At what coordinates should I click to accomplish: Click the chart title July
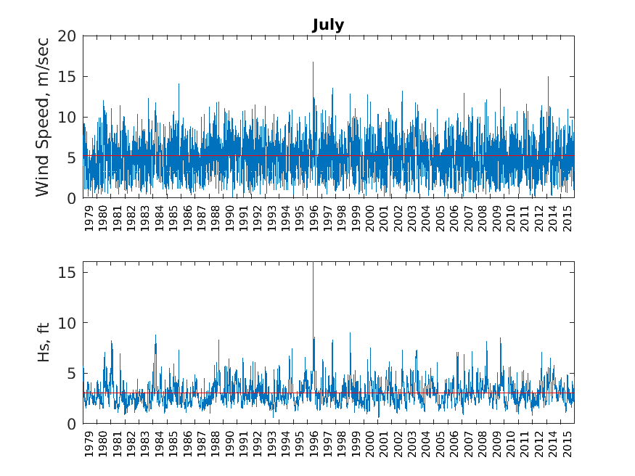click(x=328, y=25)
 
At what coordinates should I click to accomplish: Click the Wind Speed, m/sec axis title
click(x=43, y=117)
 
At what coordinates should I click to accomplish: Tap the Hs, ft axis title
click(x=44, y=342)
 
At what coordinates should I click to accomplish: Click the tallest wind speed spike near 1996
click(x=313, y=63)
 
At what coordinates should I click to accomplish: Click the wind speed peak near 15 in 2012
click(x=548, y=77)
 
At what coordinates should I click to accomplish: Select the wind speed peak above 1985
click(x=179, y=84)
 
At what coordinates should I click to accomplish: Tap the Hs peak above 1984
click(x=155, y=336)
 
